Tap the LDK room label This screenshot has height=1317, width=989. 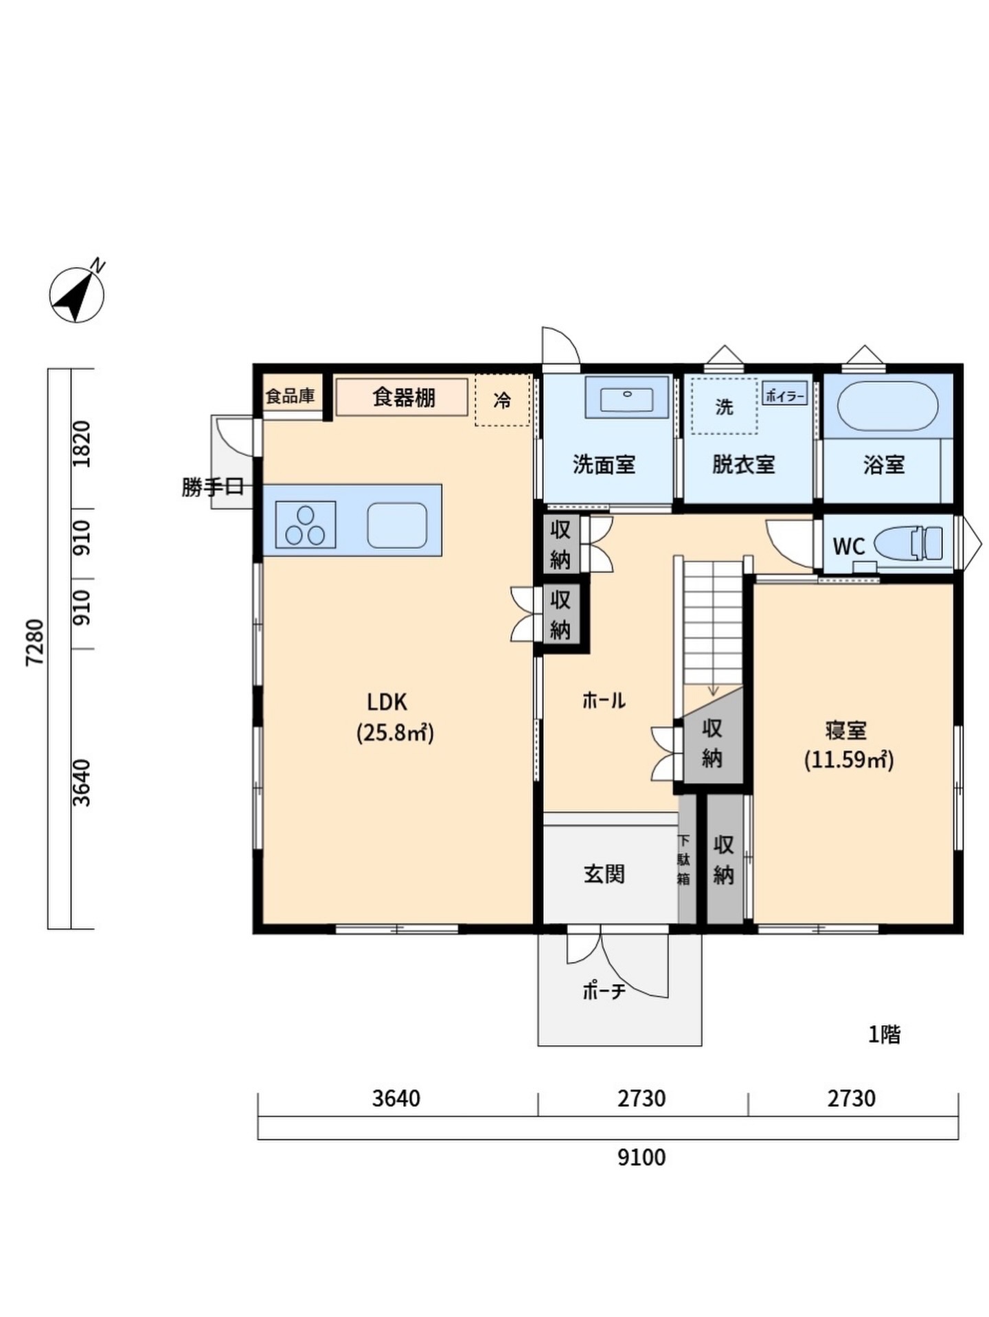[x=387, y=702]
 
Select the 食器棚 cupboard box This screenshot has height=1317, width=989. [x=402, y=397]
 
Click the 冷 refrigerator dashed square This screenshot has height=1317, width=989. [x=503, y=400]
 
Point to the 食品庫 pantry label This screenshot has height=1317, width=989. [x=290, y=396]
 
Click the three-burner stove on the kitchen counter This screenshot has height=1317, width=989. [x=306, y=525]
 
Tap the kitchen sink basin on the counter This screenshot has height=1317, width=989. [x=397, y=525]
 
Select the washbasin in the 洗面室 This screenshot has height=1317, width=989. [x=627, y=397]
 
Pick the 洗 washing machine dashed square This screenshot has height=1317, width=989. [x=725, y=406]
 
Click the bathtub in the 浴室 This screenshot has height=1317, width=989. [x=887, y=406]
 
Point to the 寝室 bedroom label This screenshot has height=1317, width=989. [x=846, y=730]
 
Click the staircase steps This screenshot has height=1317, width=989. [x=713, y=622]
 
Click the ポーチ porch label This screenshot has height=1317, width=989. [x=604, y=991]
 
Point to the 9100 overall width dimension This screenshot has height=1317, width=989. [x=641, y=1158]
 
